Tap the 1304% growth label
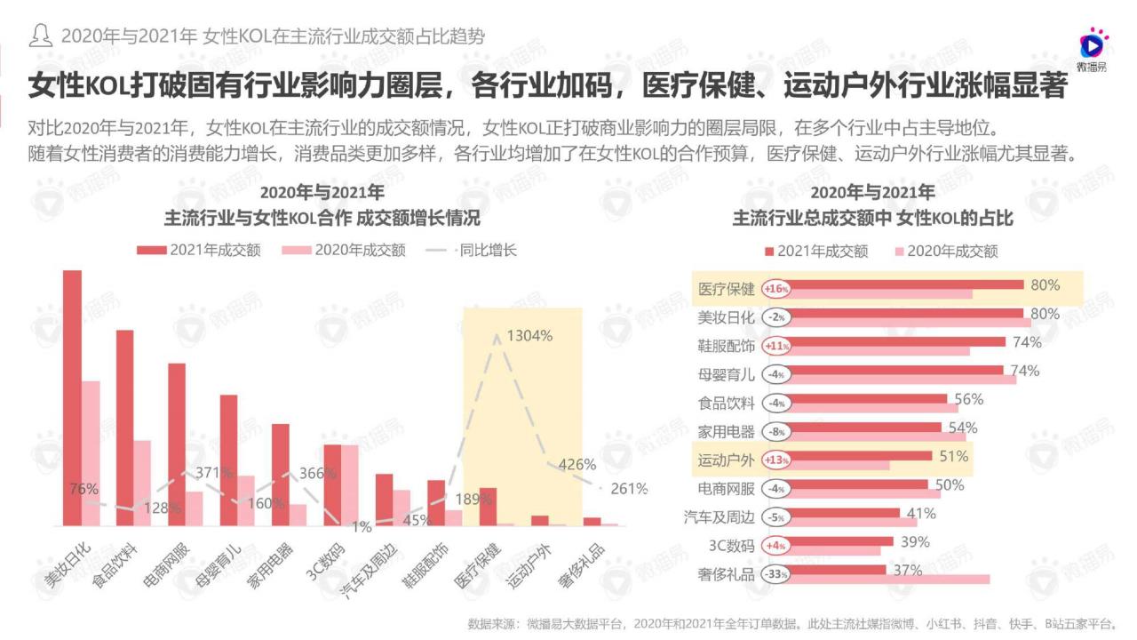click(x=529, y=336)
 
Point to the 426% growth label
click(x=576, y=464)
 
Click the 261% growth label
click(x=629, y=489)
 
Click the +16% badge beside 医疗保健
click(x=775, y=289)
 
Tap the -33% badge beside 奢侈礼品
click(x=775, y=574)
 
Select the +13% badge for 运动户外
click(x=775, y=460)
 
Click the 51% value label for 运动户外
click(x=953, y=456)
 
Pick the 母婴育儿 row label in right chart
click(x=726, y=374)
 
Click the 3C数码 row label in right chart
click(x=732, y=546)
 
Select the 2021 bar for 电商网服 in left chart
click(x=177, y=444)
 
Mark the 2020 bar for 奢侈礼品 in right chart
click(x=888, y=580)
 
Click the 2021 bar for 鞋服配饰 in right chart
click(x=896, y=341)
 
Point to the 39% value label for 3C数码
click(x=915, y=541)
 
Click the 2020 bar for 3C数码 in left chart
click(x=349, y=485)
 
